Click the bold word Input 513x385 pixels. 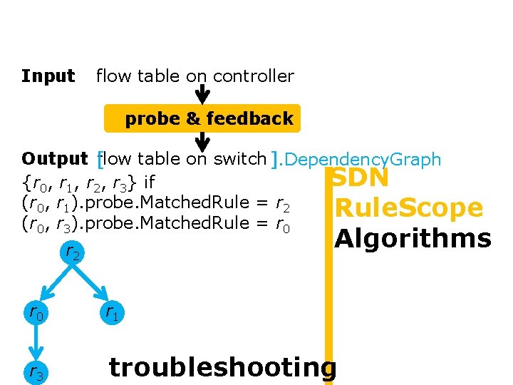[48, 76]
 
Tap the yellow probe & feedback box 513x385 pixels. [202, 119]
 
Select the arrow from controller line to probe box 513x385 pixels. [202, 94]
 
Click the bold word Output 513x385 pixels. [54, 159]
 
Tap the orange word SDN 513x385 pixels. [361, 178]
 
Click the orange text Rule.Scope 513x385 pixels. [409, 208]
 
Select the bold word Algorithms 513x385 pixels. [413, 238]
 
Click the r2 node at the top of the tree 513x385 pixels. [72, 252]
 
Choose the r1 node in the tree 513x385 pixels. [111, 312]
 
